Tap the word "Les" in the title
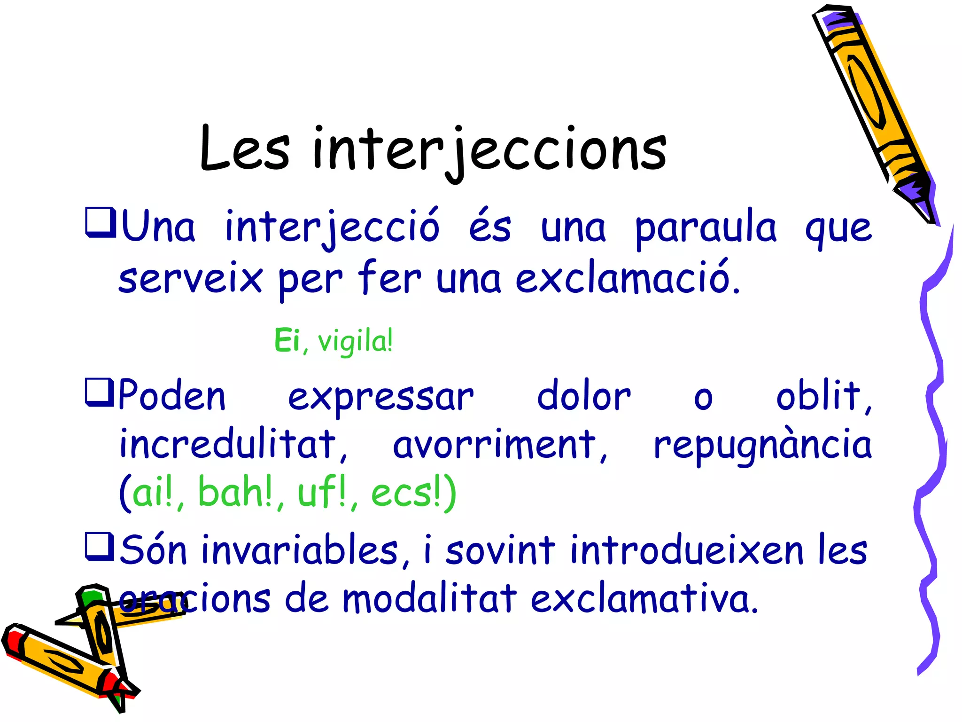245,149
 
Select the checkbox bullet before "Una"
100,222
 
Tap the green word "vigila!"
355,341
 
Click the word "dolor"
583,396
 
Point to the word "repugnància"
763,446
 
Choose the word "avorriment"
494,445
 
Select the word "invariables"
300,550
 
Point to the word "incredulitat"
227,445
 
